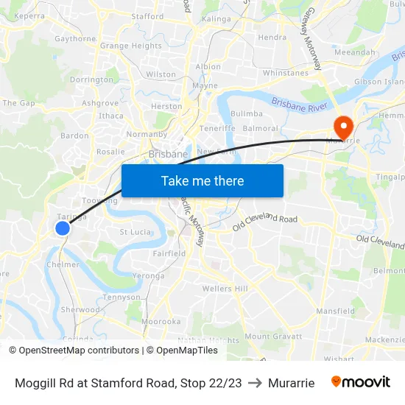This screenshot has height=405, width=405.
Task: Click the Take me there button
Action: click(202, 180)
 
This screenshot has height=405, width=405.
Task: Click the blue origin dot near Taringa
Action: click(63, 228)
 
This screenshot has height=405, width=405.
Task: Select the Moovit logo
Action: click(361, 382)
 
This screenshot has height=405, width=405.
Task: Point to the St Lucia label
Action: click(135, 232)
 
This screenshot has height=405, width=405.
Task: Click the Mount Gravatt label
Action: click(273, 337)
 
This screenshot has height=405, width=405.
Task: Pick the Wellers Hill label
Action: click(225, 289)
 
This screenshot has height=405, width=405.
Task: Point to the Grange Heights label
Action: click(130, 46)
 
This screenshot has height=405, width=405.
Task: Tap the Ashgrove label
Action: click(100, 103)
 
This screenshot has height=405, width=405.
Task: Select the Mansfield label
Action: click(335, 311)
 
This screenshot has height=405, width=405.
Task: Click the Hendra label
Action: click(272, 37)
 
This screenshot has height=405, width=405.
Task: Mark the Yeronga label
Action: click(148, 275)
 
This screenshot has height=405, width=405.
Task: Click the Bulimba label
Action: click(246, 113)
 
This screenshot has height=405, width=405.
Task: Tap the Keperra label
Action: click(29, 15)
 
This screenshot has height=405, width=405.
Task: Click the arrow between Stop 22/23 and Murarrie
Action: click(255, 383)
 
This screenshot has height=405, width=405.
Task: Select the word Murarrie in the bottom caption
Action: click(291, 383)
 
